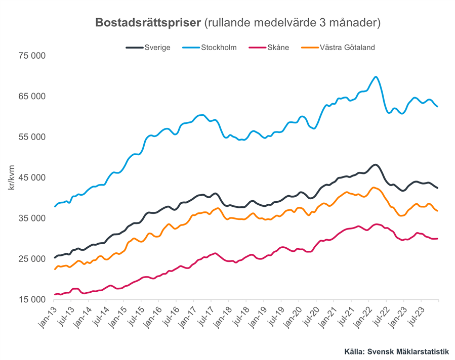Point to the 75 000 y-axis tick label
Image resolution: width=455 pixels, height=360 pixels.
tap(32, 56)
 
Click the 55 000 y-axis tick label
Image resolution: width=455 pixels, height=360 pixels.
tap(32, 137)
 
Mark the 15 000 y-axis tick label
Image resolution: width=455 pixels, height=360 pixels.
tap(32, 300)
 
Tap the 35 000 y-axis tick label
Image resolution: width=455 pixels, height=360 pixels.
tap(32, 218)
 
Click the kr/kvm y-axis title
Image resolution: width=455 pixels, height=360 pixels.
tap(11, 177)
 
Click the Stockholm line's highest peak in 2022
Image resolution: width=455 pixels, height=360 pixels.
tap(375, 77)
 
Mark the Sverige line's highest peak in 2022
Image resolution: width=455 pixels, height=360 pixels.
tap(375, 165)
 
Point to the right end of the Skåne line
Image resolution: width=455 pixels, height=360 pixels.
tap(437, 238)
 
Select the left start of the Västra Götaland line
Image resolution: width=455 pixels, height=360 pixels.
tap(55, 269)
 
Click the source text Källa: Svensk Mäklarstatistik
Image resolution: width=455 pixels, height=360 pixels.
tap(396, 351)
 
